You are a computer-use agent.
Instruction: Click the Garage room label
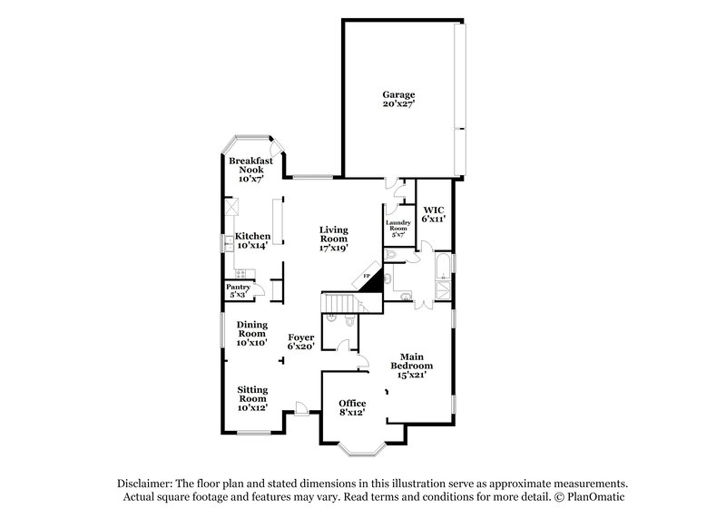(398, 94)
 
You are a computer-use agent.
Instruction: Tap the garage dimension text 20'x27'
(398, 104)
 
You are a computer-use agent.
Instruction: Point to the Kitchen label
(253, 236)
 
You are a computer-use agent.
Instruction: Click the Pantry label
(238, 287)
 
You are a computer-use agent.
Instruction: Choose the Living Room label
(333, 234)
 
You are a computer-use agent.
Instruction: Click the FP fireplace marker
(368, 275)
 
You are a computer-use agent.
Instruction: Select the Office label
(352, 403)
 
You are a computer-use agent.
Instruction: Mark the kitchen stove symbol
(241, 273)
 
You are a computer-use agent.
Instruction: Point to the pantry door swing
(260, 290)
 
